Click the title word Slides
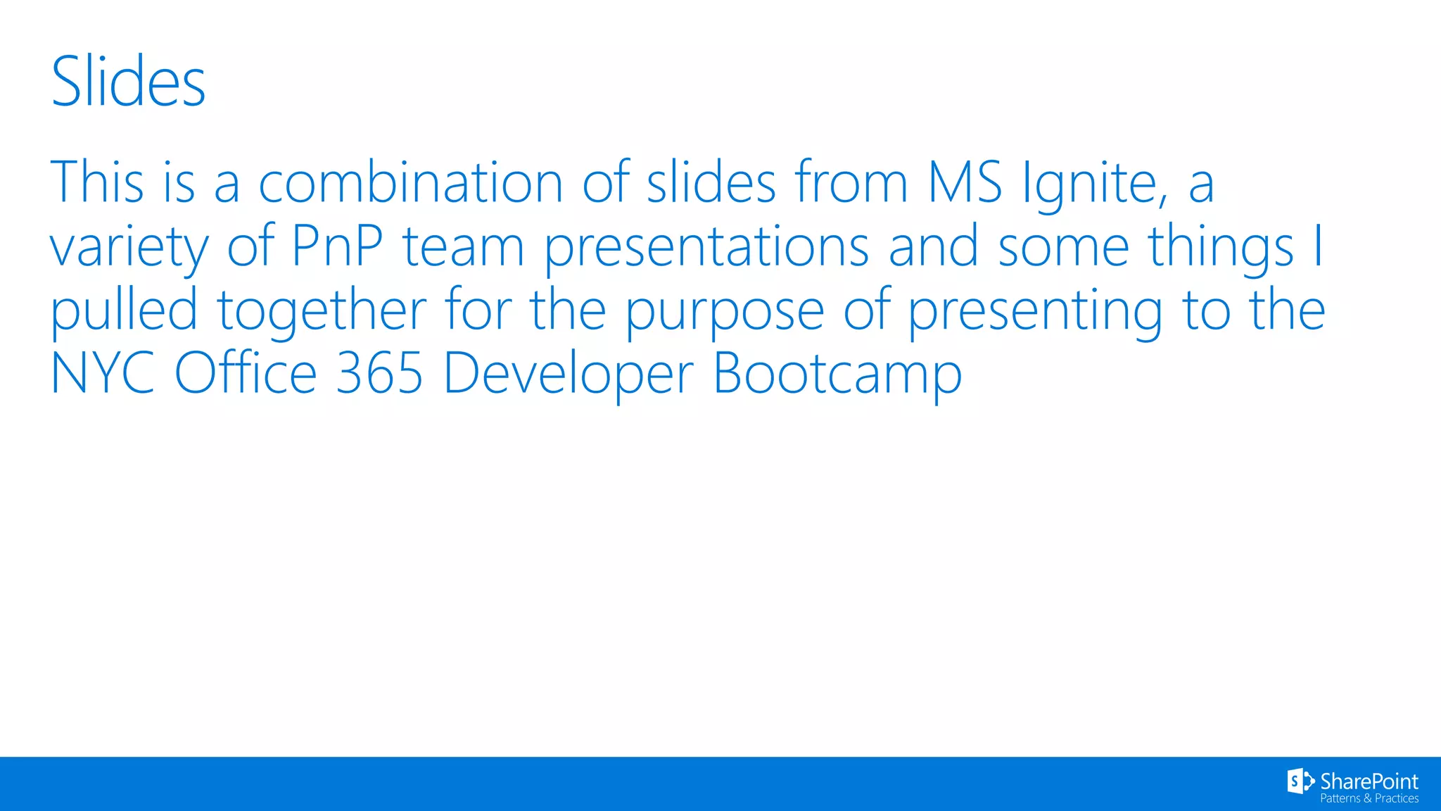click(129, 82)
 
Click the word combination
click(410, 182)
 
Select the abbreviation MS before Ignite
click(965, 182)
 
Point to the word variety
click(129, 248)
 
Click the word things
click(1220, 248)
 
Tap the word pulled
click(124, 310)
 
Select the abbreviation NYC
click(103, 373)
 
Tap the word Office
click(246, 373)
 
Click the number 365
click(379, 373)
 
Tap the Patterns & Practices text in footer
click(1369, 798)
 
